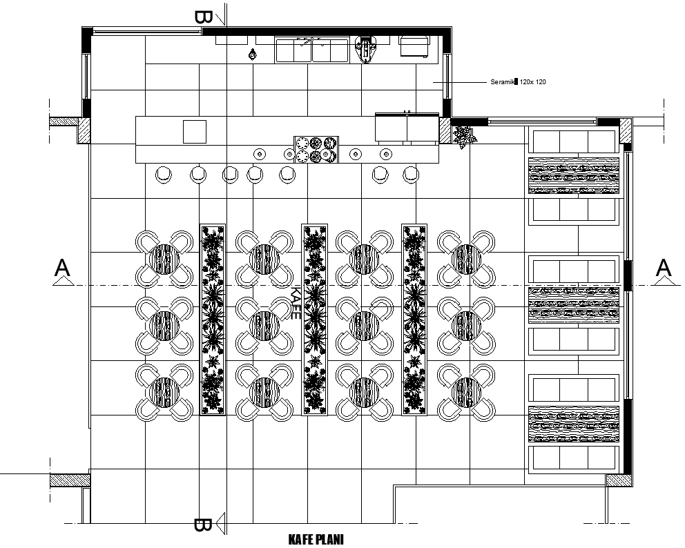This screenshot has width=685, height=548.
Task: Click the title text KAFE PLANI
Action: tap(315, 539)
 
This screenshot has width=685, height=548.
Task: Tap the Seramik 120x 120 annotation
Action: tap(519, 82)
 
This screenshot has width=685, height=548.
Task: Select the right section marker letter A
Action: tap(664, 267)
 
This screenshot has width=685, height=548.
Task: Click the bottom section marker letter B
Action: tap(202, 525)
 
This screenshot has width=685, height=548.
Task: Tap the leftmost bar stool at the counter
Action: tap(165, 175)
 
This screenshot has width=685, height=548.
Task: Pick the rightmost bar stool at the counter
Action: tap(411, 175)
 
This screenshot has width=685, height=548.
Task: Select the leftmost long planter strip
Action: tap(213, 319)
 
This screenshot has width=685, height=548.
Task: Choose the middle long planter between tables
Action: tap(314, 319)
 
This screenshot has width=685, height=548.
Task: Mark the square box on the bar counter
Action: tap(195, 131)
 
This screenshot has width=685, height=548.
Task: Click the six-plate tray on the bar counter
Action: tap(316, 149)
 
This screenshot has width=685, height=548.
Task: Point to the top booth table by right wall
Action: tap(573, 175)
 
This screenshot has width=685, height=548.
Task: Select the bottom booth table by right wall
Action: tap(573, 424)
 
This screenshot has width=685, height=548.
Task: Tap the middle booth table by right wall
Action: tap(573, 304)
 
